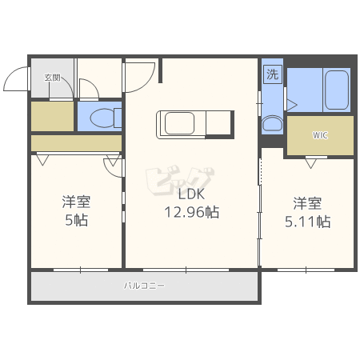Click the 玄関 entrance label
pos(52,78)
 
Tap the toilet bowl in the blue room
pos(102,118)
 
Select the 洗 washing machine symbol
pos(273,74)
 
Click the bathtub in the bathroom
pos(337,90)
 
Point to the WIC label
pos(320,135)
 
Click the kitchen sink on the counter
pos(179,123)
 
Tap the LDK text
pos(191,194)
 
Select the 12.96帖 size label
pos(191,212)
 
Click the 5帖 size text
pos(77,220)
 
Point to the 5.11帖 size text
pos(307,222)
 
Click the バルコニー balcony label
pos(144,286)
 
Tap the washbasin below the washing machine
pos(272,124)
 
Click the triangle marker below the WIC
pos(310,163)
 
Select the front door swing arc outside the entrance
pos(10,74)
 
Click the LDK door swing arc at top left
pos(146,83)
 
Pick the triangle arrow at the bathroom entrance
pos(292,105)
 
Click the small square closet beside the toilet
pos(52,116)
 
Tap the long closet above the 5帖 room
pos(77,143)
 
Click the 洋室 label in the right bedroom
pos(307,203)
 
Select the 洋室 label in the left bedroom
pos(77,202)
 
